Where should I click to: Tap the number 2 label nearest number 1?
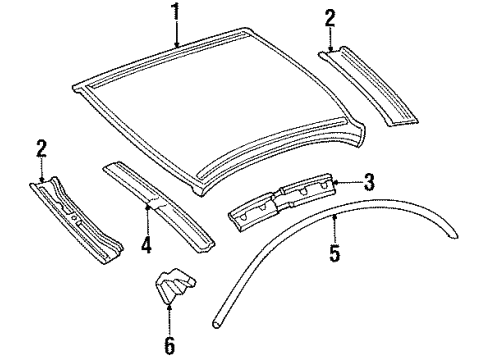[x=331, y=18]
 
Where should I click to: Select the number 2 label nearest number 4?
[x=40, y=150]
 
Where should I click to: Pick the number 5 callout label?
[x=335, y=254]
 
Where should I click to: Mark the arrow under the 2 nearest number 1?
[x=331, y=39]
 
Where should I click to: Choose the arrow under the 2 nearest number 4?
[x=40, y=172]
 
